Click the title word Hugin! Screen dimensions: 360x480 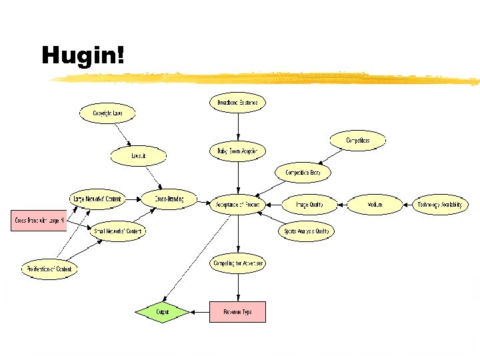click(x=83, y=55)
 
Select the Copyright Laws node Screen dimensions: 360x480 click(x=107, y=113)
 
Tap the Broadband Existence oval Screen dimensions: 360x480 click(x=237, y=103)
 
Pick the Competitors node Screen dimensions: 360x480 click(x=357, y=141)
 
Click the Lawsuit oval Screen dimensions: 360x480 click(x=138, y=156)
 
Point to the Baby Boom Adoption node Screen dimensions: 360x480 click(x=237, y=151)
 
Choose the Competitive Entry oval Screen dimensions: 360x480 click(x=303, y=173)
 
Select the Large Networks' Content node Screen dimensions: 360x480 click(x=97, y=199)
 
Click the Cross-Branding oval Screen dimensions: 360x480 click(x=170, y=199)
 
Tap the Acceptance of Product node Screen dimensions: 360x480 click(x=237, y=204)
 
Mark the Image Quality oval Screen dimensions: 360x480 click(x=309, y=205)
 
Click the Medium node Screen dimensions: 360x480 click(x=375, y=205)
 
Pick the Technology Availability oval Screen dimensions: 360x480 click(x=439, y=205)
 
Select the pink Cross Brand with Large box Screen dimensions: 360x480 click(x=39, y=220)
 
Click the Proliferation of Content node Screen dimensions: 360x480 click(x=50, y=269)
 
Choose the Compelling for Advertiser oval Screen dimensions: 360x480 click(x=238, y=263)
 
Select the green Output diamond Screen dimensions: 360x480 click(x=162, y=311)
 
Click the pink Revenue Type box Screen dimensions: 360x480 click(x=237, y=311)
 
